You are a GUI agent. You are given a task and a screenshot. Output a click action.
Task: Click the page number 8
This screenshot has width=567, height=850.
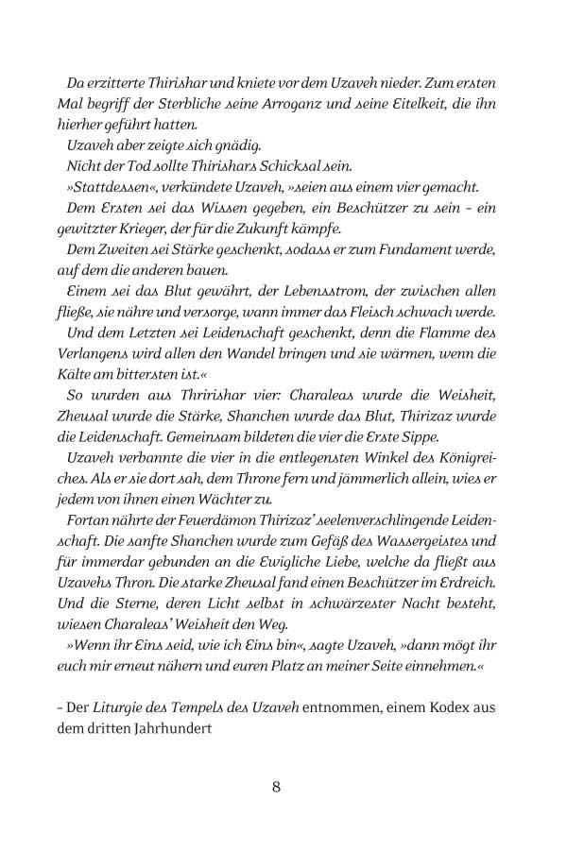(276, 787)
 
